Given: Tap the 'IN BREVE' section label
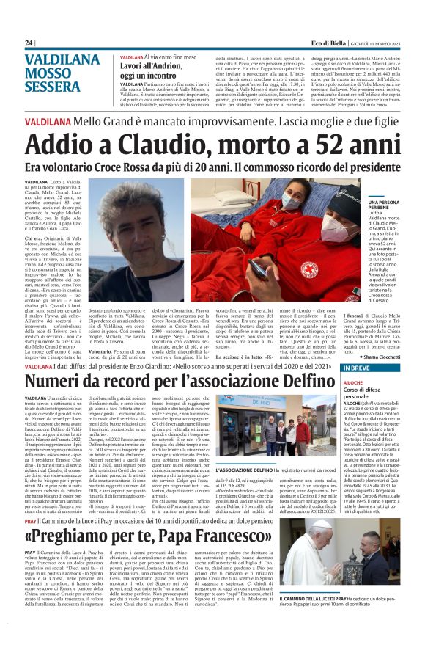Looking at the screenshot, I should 358,368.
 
